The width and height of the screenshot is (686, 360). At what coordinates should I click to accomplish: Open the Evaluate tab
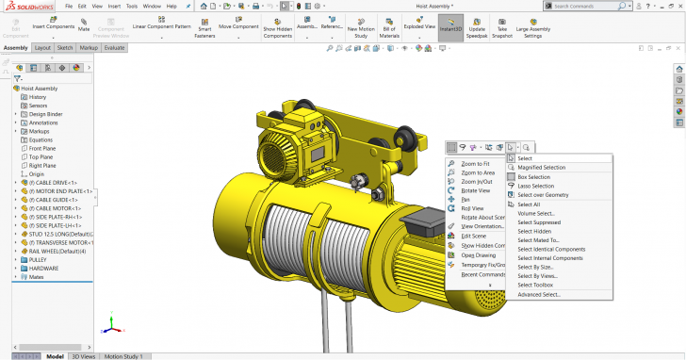pos(115,47)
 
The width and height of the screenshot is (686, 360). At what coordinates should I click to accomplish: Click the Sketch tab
pos(65,47)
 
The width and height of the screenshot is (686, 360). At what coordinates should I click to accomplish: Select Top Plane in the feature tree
pos(41,156)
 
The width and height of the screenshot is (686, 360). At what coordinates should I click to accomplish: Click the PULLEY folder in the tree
pos(39,259)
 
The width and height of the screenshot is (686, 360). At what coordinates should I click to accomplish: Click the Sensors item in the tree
pos(38,106)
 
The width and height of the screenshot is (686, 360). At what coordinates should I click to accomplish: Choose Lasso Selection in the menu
pos(535,186)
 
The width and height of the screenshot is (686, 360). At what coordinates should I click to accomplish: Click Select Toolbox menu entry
pos(535,285)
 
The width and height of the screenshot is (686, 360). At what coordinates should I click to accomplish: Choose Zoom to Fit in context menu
pos(475,164)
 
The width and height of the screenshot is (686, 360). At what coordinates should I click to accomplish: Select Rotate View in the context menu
pos(475,190)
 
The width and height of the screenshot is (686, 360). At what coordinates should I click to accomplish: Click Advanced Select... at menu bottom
pos(538,295)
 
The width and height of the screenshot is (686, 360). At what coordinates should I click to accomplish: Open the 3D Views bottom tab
pos(84,356)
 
